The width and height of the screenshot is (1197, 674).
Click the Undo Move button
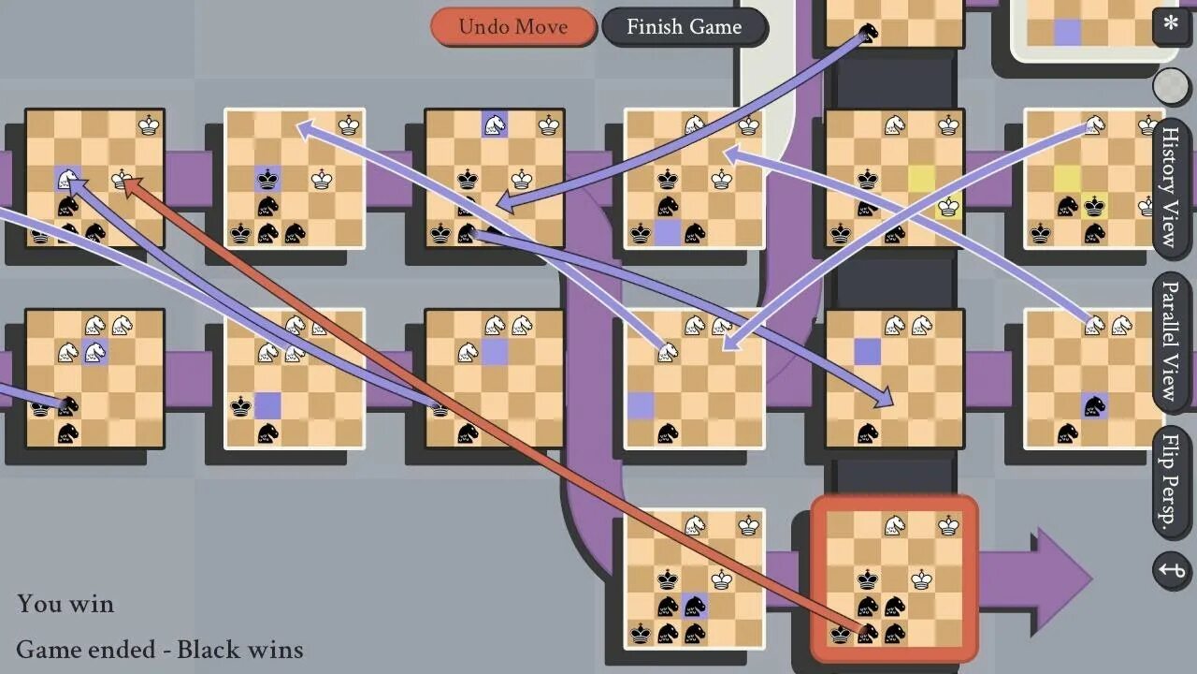coord(512,26)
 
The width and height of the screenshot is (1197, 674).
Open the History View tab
coord(1169,187)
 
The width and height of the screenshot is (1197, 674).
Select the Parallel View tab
coord(1169,339)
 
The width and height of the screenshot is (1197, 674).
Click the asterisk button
coord(1170,23)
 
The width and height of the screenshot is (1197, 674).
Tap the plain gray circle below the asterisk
coord(1170,86)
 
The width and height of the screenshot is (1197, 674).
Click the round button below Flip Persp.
coord(1172,570)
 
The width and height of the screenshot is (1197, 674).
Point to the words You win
coord(65,604)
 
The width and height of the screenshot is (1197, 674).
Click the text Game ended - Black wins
coord(159,649)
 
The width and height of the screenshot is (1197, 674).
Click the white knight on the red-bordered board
coord(895,525)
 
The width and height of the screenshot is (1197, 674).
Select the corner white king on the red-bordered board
coord(949,525)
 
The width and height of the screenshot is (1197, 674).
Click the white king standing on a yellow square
coord(948,206)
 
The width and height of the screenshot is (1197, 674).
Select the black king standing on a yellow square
coord(1094,206)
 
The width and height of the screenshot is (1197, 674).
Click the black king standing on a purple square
coord(268,179)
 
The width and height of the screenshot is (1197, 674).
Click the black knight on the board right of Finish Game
coord(869,33)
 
